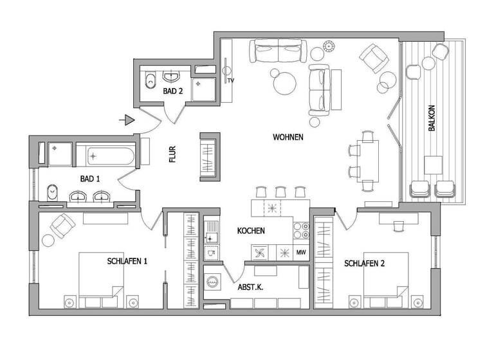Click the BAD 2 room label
click(x=173, y=92)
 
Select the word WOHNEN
click(x=288, y=138)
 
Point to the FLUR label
click(x=172, y=155)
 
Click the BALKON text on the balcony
click(x=431, y=119)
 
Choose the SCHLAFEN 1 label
click(x=127, y=261)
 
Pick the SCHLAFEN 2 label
click(x=364, y=264)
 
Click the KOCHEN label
click(x=251, y=231)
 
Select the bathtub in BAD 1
click(x=105, y=156)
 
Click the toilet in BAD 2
click(x=151, y=81)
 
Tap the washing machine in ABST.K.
click(x=212, y=280)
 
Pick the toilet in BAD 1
click(x=55, y=191)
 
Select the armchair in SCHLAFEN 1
click(x=62, y=226)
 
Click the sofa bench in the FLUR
click(x=210, y=156)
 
